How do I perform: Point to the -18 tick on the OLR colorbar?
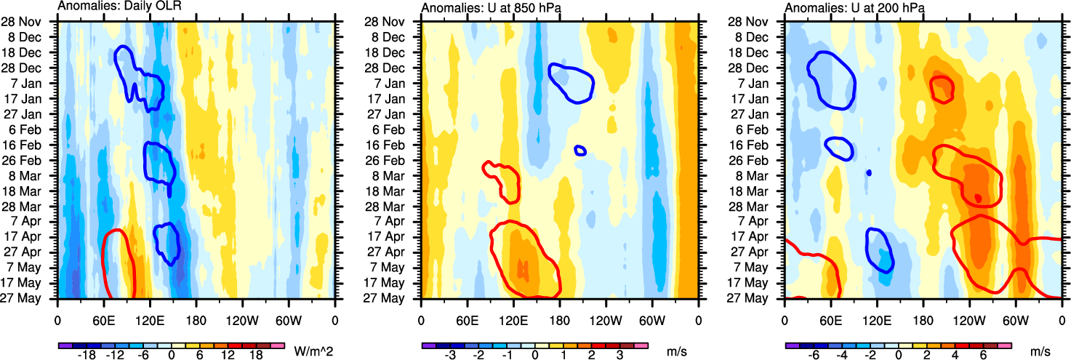click(87, 355)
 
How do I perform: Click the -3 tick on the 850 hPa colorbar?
click(451, 355)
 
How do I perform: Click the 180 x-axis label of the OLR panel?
click(196, 320)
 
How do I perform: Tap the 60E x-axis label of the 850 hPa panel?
click(467, 320)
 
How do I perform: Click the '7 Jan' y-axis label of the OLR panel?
click(35, 83)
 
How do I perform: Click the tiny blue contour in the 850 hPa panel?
click(580, 151)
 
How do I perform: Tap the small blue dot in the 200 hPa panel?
click(869, 173)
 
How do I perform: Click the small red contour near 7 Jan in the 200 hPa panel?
click(942, 89)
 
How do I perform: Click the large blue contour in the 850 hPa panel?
click(571, 82)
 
